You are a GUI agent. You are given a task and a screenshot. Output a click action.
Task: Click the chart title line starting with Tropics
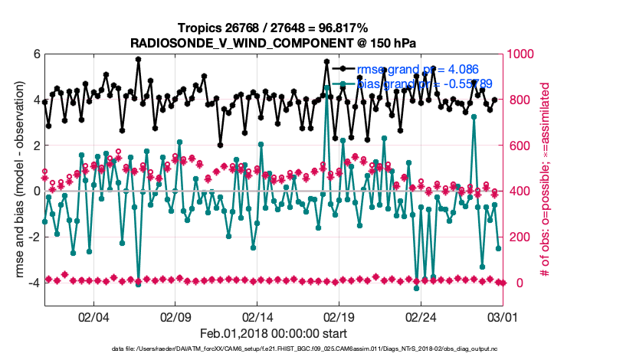(x=274, y=28)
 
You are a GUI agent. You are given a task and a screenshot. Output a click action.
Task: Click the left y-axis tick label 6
(x=36, y=54)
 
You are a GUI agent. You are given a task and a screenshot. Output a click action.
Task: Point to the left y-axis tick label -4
(x=34, y=283)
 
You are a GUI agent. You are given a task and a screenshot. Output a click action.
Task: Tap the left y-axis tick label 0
(x=36, y=191)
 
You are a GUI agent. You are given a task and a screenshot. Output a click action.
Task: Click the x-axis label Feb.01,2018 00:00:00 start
(x=274, y=333)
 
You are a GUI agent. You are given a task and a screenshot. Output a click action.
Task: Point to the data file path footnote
(x=274, y=349)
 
